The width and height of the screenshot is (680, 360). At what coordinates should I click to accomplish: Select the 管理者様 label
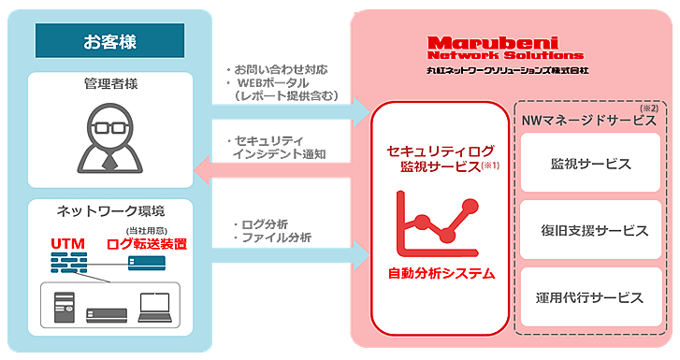[110, 85]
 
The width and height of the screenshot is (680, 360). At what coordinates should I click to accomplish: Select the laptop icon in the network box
[152, 308]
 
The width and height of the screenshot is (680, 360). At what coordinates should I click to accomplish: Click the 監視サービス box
[590, 164]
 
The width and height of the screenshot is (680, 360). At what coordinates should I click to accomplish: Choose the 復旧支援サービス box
[590, 230]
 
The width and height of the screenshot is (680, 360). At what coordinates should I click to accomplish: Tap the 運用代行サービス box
[590, 297]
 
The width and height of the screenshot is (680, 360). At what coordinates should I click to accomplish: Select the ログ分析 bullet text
[263, 224]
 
